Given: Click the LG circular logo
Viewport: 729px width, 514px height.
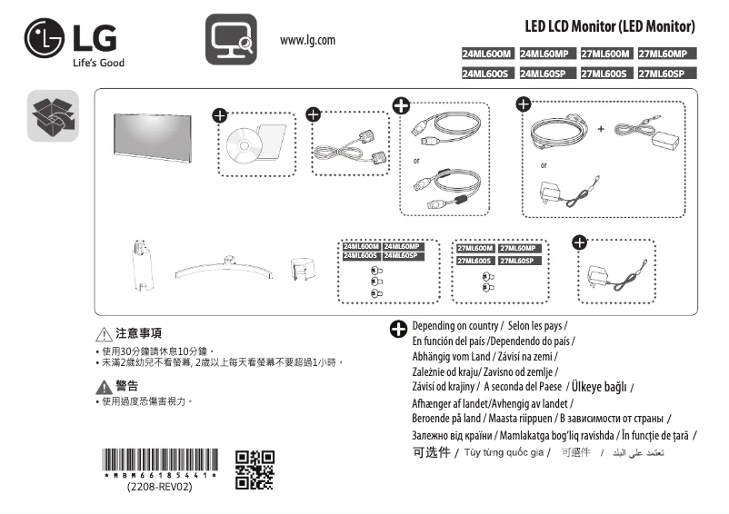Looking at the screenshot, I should [44, 38].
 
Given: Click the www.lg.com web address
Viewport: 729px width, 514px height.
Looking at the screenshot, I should [308, 40].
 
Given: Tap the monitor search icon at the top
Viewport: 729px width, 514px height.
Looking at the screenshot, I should [227, 39].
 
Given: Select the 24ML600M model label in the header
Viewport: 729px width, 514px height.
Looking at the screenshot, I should [488, 54].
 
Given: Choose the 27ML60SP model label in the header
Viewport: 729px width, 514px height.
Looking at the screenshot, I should [667, 74].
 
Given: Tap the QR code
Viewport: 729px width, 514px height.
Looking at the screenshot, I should [255, 469].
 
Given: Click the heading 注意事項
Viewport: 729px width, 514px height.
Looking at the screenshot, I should [140, 334].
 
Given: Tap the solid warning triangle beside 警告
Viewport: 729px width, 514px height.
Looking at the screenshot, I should [104, 386].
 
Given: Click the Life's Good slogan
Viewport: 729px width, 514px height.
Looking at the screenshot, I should [98, 63].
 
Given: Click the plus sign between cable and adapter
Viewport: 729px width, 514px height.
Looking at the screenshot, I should [601, 129].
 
